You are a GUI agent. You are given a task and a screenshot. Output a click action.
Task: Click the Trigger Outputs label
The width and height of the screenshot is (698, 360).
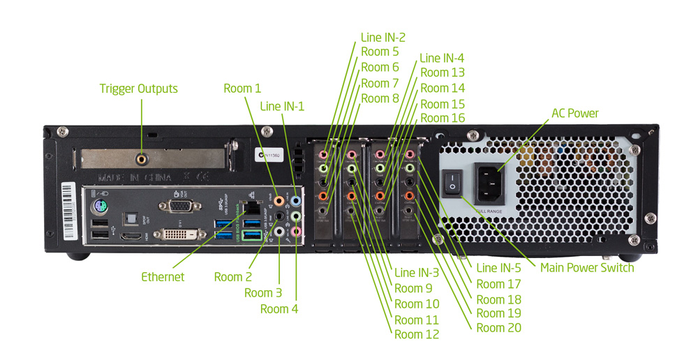click(x=138, y=89)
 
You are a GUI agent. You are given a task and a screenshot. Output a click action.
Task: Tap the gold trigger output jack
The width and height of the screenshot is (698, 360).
click(x=142, y=159)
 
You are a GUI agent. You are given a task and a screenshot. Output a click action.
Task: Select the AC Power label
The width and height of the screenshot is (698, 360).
click(x=574, y=113)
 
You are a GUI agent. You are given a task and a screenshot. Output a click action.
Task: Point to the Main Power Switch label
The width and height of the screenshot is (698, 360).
click(x=587, y=268)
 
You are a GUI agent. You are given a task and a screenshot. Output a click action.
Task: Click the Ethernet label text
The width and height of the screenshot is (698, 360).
click(x=163, y=277)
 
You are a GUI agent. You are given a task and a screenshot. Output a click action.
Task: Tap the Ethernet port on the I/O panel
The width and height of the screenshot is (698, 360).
click(x=251, y=207)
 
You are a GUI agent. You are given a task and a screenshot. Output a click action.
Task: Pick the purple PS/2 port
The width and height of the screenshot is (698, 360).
click(x=101, y=207)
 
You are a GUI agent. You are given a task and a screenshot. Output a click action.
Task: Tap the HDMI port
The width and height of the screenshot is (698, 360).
click(x=131, y=238)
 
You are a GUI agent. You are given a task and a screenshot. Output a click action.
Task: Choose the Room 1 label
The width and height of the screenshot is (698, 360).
click(x=242, y=89)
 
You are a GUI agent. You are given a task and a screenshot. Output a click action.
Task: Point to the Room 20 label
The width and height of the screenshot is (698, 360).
click(x=498, y=328)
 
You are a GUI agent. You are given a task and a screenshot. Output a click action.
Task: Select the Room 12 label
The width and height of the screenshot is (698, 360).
click(x=417, y=334)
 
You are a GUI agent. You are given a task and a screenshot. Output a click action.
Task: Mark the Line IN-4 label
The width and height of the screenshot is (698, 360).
click(x=442, y=58)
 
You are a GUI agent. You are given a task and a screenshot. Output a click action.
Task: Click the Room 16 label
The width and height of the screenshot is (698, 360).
click(x=443, y=118)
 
